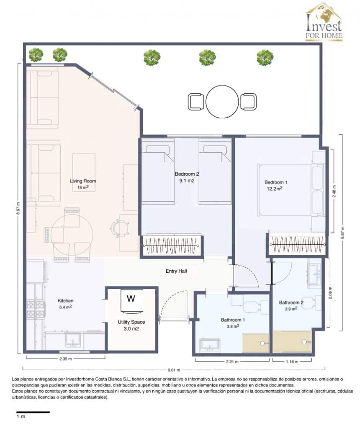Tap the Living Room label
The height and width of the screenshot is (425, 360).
tap(83, 181)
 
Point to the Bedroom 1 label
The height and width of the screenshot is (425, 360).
tap(276, 182)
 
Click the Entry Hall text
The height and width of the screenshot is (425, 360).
tap(176, 271)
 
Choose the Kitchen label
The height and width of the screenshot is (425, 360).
tap(66, 300)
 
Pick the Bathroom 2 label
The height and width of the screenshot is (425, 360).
tap(291, 302)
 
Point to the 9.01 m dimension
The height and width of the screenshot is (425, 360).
tap(174, 369)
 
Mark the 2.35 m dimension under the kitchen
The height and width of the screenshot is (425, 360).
tap(65, 359)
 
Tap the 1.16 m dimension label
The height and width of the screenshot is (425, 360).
tap(292, 361)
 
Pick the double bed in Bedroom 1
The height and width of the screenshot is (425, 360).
tap(291, 190)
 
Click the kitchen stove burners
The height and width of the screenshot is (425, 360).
tap(35, 309)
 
